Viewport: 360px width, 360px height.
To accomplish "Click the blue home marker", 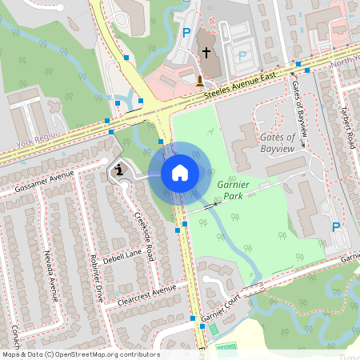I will tap(180, 173).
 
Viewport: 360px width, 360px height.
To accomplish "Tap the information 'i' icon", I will tap(119, 170).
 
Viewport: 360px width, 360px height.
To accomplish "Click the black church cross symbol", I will tap(206, 53).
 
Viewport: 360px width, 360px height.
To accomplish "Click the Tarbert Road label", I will tap(346, 128).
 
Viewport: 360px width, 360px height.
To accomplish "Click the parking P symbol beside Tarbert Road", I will tap(336, 227).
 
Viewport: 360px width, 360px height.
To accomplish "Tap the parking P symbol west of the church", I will tap(186, 33).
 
